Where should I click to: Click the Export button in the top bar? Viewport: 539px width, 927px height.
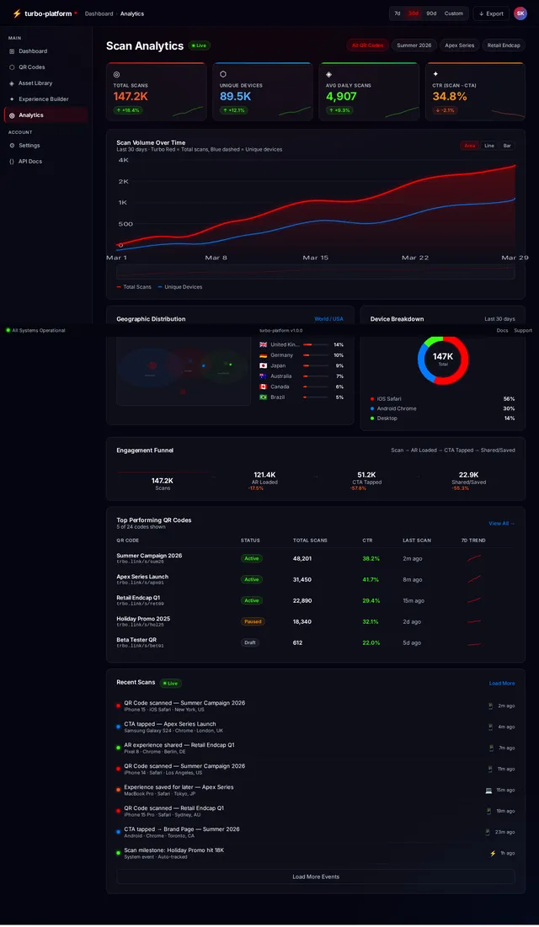click(491, 13)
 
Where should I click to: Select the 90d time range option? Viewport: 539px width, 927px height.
click(431, 13)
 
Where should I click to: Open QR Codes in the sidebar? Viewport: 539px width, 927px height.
click(32, 67)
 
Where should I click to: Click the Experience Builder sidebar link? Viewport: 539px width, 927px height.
click(43, 99)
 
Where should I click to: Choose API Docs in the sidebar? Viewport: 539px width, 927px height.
click(30, 162)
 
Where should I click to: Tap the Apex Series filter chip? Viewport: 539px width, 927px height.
click(459, 45)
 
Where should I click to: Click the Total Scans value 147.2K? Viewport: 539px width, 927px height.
click(131, 97)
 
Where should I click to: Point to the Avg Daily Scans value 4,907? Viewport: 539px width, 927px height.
click(341, 97)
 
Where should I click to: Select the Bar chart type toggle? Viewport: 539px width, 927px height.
click(507, 146)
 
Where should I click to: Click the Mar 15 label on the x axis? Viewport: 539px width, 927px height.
click(316, 258)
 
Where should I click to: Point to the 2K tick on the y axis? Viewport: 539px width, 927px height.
click(123, 182)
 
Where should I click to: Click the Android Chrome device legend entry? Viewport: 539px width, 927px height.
click(396, 408)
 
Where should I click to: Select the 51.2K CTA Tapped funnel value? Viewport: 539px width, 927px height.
click(366, 475)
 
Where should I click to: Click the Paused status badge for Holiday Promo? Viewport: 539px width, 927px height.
click(253, 621)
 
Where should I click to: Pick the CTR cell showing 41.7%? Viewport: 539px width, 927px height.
click(371, 579)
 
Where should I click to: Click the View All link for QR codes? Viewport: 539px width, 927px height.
click(501, 524)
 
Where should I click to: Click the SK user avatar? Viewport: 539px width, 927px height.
click(520, 13)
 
